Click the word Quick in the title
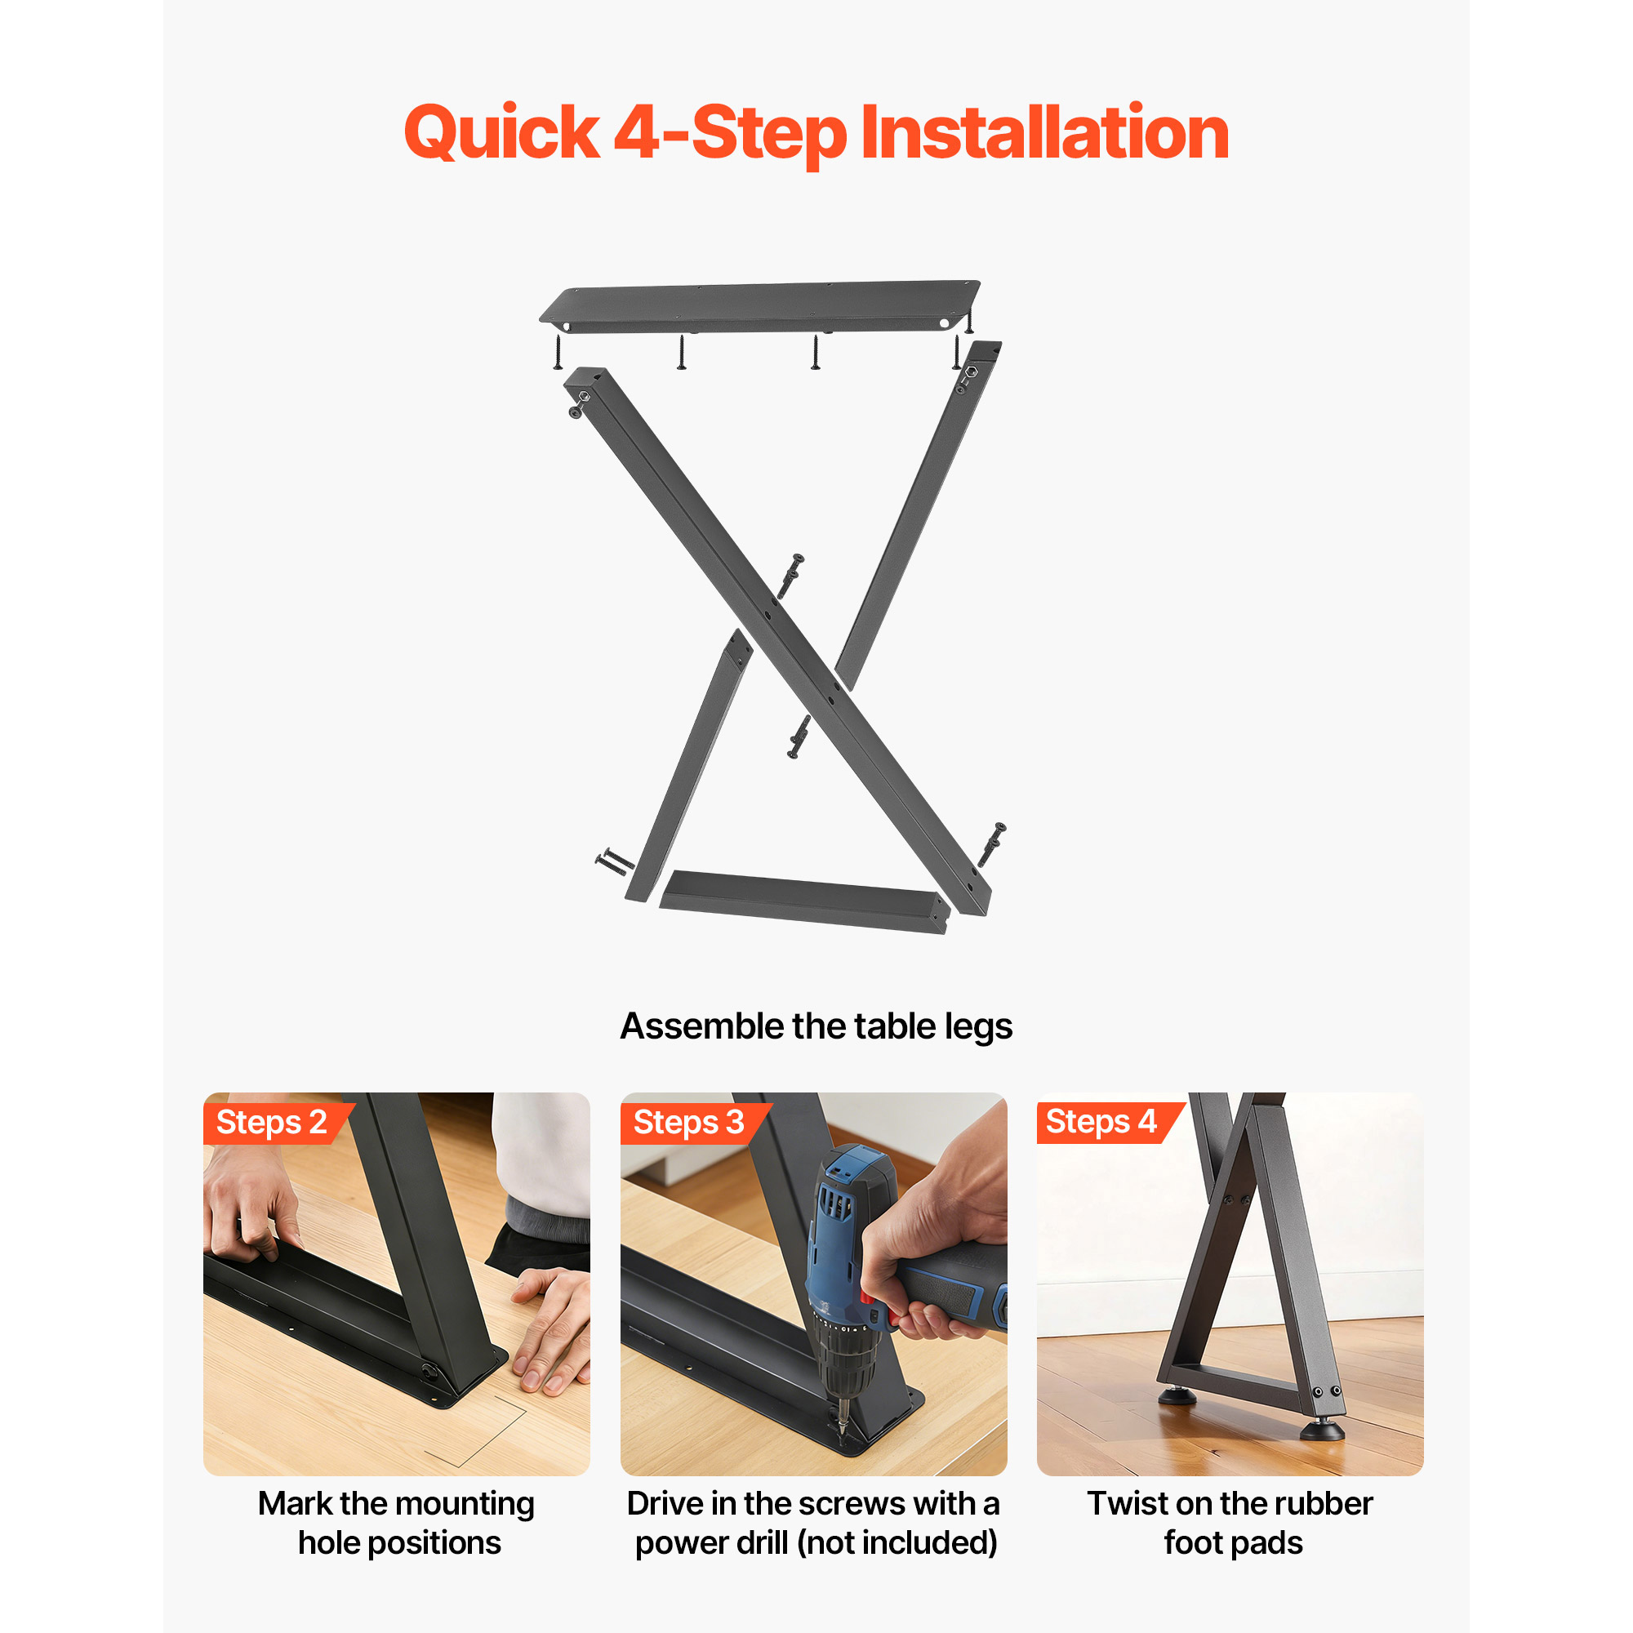tap(501, 134)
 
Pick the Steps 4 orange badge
tap(1110, 1123)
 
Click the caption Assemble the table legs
tap(816, 1026)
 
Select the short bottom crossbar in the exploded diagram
tap(803, 902)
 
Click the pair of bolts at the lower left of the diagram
tap(615, 862)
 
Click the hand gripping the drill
tap(930, 1243)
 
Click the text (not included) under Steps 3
tap(897, 1543)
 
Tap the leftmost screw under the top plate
tap(558, 352)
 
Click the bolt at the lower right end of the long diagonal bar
tap(992, 843)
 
